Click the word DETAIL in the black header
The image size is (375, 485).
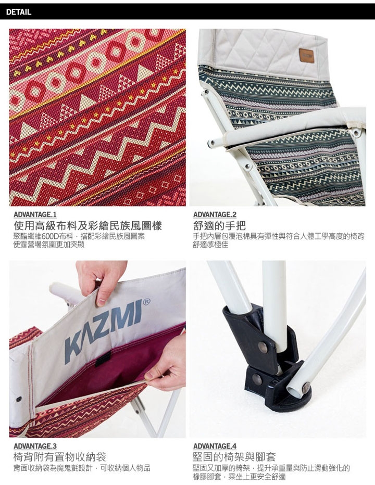tap(19, 12)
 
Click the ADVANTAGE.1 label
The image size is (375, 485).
tap(35, 214)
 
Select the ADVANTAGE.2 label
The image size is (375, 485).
tap(215, 214)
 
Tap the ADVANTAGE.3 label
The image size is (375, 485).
tap(35, 446)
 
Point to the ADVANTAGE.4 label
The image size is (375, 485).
tap(215, 446)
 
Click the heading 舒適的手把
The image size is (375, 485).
tap(219, 225)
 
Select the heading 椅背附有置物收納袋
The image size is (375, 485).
tap(60, 457)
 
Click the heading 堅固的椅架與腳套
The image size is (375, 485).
tap(234, 457)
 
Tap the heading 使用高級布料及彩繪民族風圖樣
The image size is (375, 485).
tap(87, 225)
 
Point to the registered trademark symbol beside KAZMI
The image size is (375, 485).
tap(147, 302)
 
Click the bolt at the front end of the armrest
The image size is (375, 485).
tap(213, 143)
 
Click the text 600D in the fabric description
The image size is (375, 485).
tap(55, 237)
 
